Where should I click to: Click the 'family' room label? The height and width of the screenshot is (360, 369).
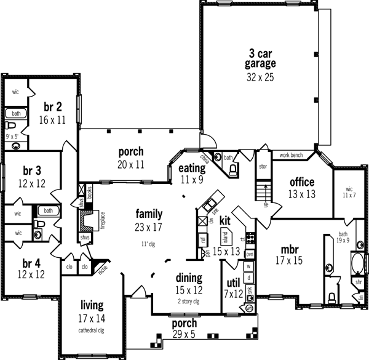click(149, 214)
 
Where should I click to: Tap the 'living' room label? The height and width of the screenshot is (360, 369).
click(92, 305)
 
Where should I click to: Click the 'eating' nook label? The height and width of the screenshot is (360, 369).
click(191, 168)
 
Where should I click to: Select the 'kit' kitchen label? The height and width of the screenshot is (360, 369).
click(224, 220)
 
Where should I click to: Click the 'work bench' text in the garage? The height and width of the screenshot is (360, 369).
click(293, 155)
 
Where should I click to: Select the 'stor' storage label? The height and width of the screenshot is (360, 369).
click(263, 166)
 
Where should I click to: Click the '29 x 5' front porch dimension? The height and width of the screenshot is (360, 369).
click(184, 335)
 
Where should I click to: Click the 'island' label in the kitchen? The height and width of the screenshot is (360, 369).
click(226, 235)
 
